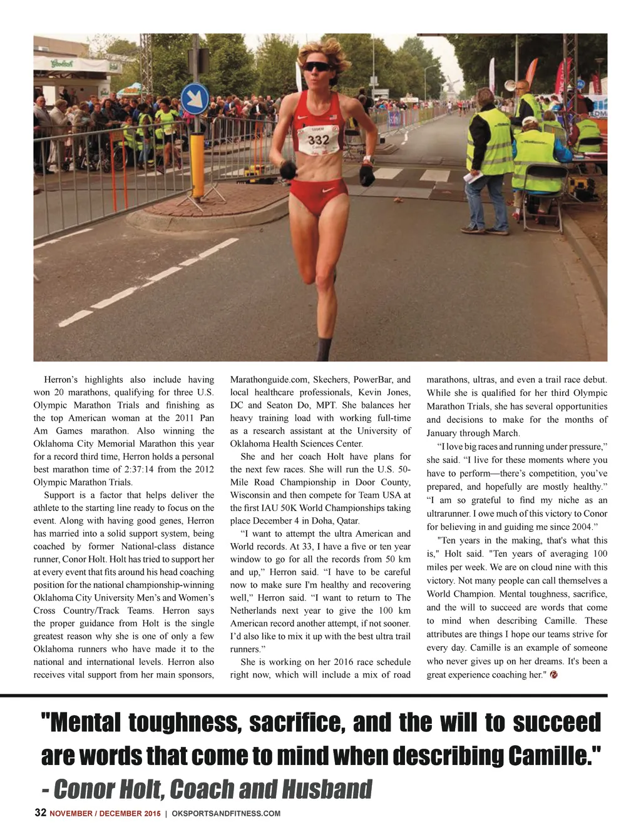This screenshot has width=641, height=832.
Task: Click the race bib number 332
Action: point(319,140)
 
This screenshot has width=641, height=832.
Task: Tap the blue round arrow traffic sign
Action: point(195,99)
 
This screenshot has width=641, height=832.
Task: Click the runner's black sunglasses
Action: point(317,66)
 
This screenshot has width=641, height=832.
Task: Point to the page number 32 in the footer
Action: point(40,813)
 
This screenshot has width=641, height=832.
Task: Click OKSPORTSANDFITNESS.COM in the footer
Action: point(226,813)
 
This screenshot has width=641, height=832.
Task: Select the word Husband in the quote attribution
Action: point(326,789)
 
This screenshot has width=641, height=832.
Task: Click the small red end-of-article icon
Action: point(553,675)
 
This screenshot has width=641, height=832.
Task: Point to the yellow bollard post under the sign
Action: point(198,166)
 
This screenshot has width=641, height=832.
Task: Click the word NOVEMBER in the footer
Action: point(73,814)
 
